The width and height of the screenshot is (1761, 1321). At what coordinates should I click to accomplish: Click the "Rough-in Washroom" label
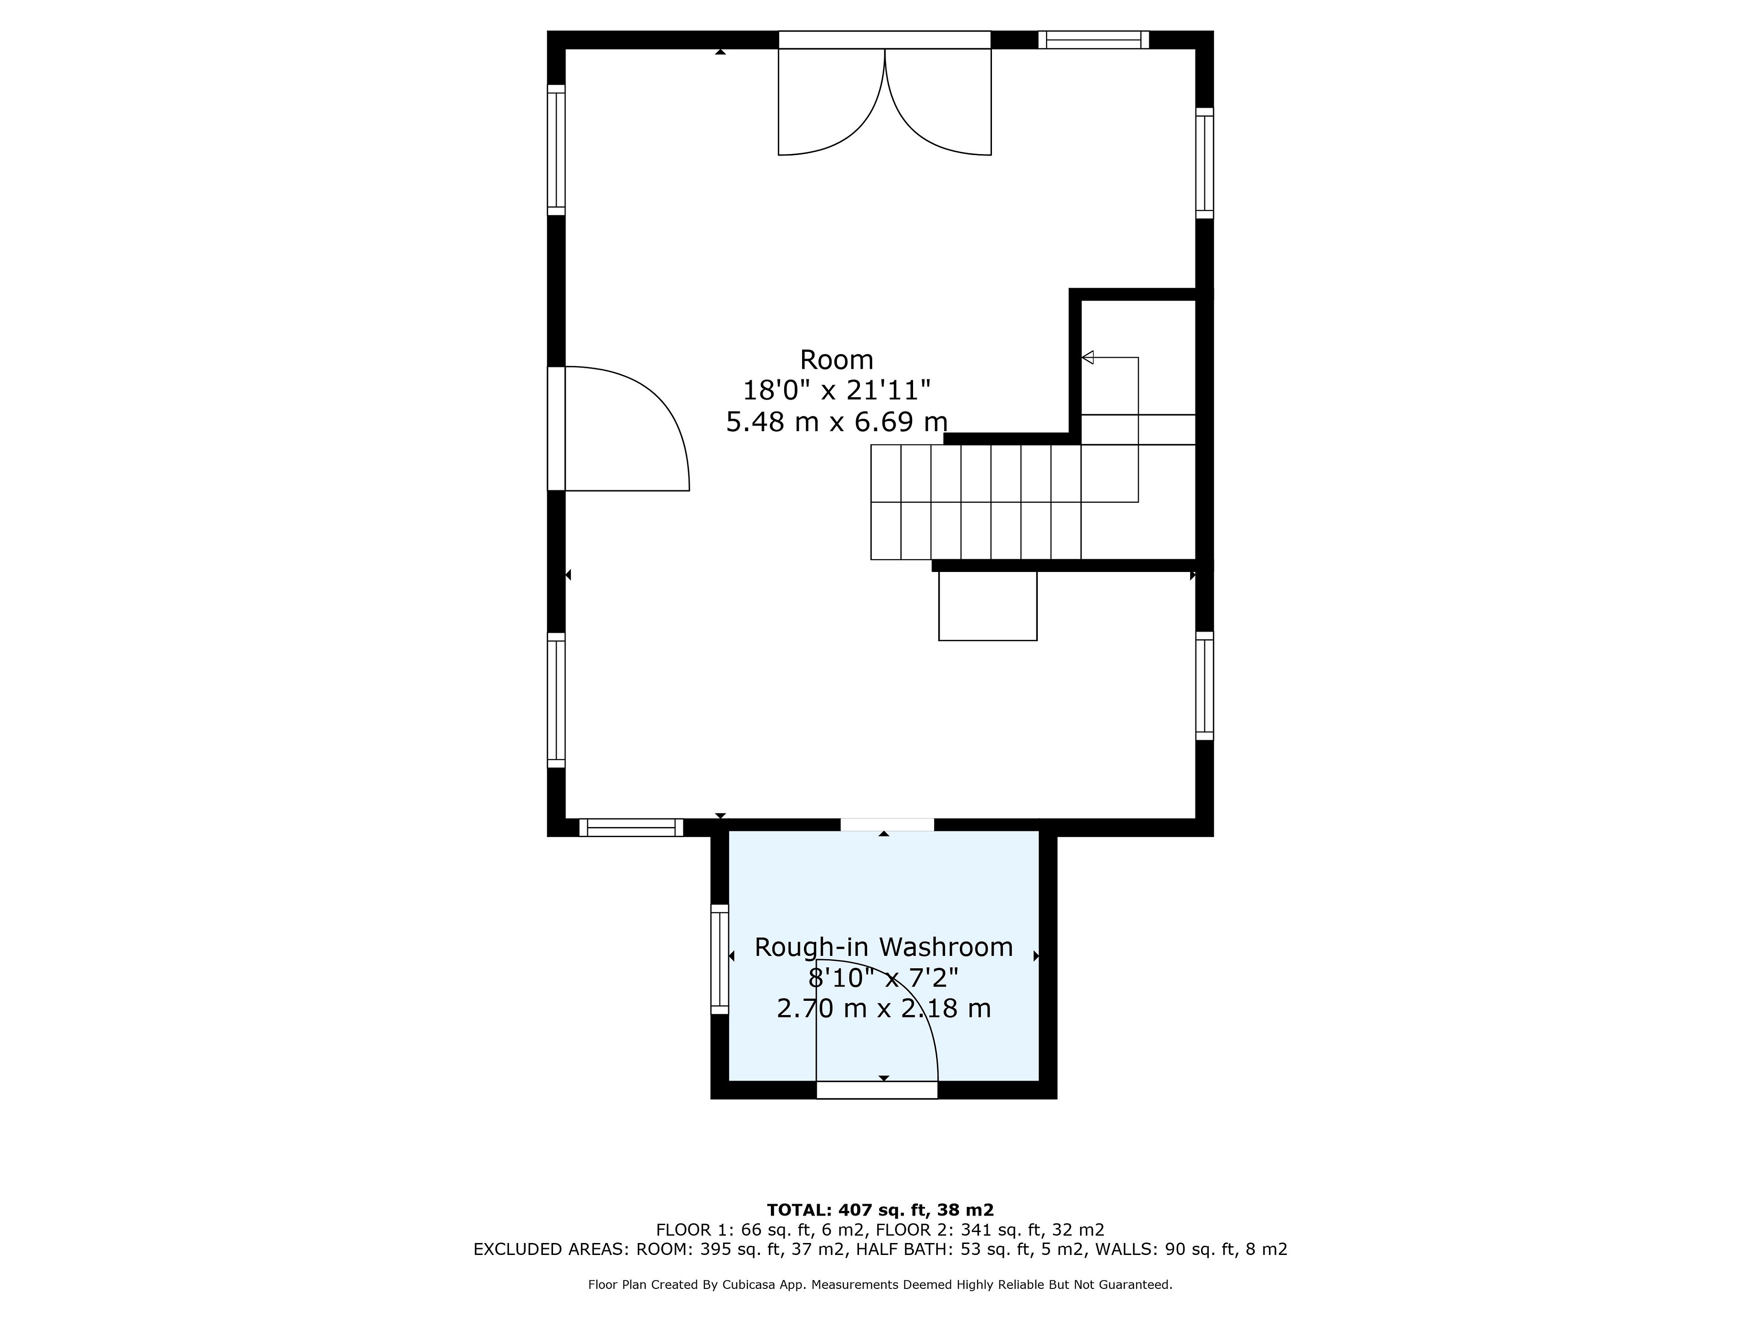click(884, 947)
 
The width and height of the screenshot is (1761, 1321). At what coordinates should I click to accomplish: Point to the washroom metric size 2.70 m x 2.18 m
click(884, 1009)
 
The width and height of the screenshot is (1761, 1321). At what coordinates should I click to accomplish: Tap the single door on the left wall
click(619, 428)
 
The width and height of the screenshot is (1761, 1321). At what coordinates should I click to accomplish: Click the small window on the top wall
click(1093, 40)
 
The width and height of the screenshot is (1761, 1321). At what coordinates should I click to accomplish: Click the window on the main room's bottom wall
click(631, 827)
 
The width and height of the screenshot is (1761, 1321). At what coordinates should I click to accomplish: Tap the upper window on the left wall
click(556, 150)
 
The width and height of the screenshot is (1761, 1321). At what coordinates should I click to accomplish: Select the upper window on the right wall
click(1205, 163)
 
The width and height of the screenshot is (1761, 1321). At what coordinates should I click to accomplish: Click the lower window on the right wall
click(1205, 686)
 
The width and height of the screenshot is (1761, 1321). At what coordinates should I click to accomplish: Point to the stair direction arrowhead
click(1087, 357)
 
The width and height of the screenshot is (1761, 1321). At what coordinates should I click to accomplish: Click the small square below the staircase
click(988, 605)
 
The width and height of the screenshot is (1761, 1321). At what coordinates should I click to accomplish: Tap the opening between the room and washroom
click(887, 824)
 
